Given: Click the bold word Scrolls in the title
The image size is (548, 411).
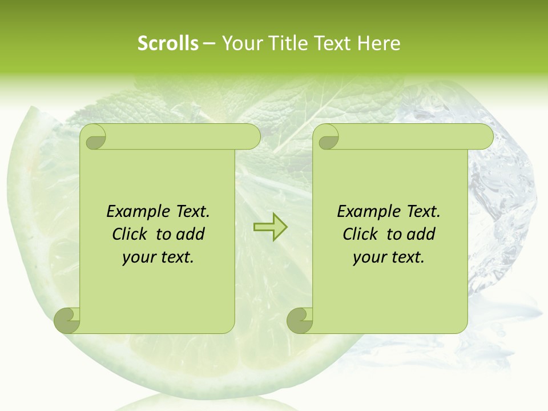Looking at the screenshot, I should (x=168, y=43).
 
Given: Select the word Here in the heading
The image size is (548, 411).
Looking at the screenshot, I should (x=379, y=43).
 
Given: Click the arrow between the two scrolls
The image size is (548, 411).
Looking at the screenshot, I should (x=270, y=227).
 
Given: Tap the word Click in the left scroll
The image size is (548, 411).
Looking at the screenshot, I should (x=124, y=234).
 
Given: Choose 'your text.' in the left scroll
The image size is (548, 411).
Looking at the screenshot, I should (x=158, y=257).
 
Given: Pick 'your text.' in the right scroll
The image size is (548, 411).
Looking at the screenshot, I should (x=389, y=257).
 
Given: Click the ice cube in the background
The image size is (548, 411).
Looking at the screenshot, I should (x=502, y=188).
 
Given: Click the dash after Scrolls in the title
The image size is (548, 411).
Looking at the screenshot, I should (x=209, y=43).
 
